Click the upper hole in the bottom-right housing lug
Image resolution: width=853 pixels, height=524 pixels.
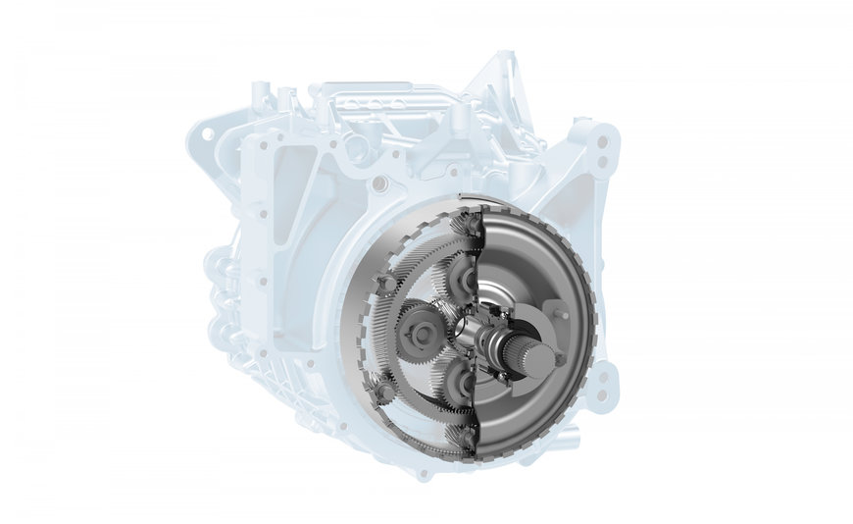pos(603,375)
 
